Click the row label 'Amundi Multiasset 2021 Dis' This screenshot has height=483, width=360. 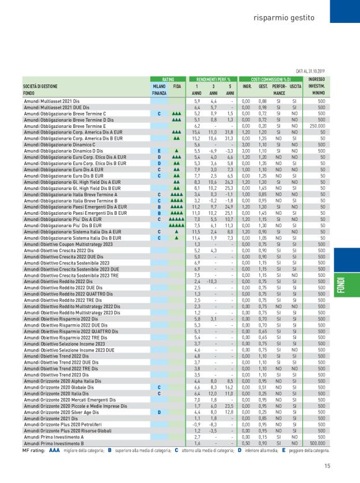pyautogui.click(x=52, y=101)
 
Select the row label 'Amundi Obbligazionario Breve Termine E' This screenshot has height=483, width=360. pyautogui.click(x=65, y=125)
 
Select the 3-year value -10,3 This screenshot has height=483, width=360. pyautogui.click(x=212, y=281)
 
